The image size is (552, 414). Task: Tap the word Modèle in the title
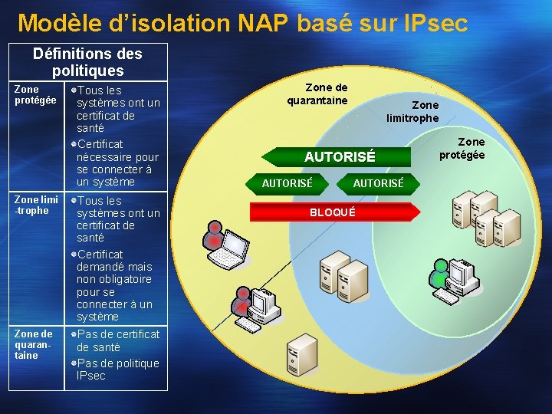pos(57,23)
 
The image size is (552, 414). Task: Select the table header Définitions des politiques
pos(87,62)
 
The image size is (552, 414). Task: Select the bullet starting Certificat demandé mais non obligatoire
pos(115,285)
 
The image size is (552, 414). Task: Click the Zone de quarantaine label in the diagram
pos(317,94)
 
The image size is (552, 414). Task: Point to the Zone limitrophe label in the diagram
pos(413,111)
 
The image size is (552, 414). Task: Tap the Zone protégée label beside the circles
pos(462,149)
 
